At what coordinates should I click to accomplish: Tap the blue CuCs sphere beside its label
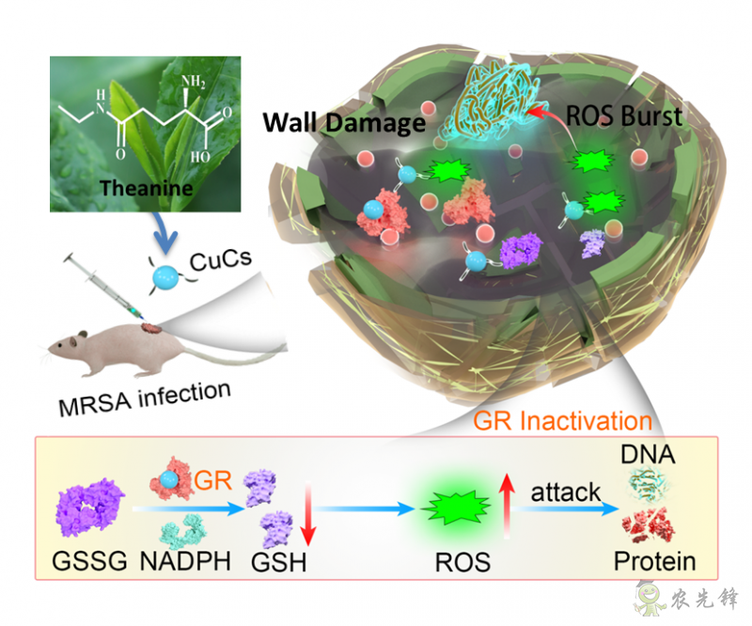pyautogui.click(x=167, y=276)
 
